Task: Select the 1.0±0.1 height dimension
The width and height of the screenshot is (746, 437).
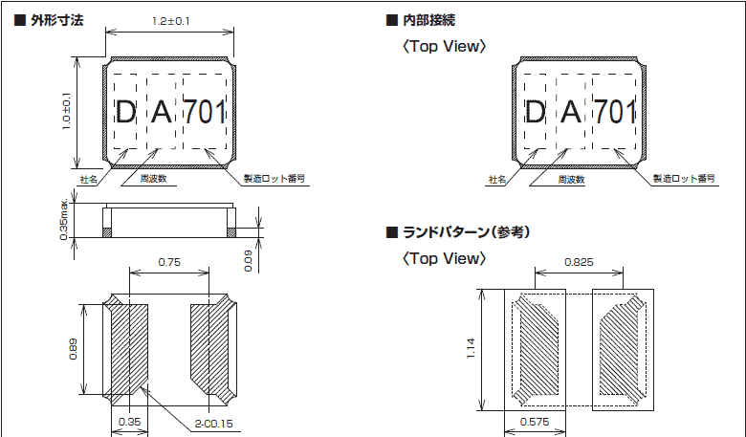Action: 67,113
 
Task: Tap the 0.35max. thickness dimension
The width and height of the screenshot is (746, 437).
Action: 63,222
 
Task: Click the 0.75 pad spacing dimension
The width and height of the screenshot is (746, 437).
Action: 169,261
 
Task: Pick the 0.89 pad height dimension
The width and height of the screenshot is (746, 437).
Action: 72,349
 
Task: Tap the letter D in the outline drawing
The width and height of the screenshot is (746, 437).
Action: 124,113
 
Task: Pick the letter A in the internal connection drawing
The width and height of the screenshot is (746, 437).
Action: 571,113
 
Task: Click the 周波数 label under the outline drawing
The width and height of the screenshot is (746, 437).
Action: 154,179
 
